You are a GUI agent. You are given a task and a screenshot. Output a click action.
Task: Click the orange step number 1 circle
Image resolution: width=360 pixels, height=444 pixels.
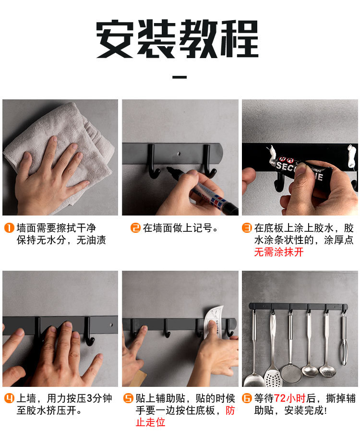click(9, 228)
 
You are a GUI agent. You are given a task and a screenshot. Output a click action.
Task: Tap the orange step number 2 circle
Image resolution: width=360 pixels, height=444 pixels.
click(135, 228)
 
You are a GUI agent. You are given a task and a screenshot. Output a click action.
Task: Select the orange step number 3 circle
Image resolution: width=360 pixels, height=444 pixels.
click(247, 228)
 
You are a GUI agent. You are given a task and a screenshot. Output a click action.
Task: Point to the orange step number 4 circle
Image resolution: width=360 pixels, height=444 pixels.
click(9, 398)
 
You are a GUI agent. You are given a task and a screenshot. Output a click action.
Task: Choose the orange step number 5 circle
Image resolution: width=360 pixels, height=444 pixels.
click(128, 398)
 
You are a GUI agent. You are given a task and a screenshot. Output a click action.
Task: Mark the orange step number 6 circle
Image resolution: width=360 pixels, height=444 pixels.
click(247, 398)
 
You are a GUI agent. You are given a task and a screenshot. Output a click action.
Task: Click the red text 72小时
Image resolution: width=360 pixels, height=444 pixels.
click(289, 398)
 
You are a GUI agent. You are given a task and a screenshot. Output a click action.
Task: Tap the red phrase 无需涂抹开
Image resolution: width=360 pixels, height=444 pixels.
click(279, 252)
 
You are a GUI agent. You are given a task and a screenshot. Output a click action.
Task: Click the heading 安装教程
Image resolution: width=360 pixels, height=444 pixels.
click(178, 39)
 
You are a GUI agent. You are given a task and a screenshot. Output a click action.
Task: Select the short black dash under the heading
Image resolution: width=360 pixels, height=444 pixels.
click(180, 77)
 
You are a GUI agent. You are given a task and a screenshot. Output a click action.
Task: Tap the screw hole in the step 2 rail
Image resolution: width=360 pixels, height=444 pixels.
click(179, 154)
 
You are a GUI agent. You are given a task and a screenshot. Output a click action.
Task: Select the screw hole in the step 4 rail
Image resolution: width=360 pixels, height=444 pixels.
click(111, 324)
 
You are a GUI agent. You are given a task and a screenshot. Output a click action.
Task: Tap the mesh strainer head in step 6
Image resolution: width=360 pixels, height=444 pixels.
click(291, 373)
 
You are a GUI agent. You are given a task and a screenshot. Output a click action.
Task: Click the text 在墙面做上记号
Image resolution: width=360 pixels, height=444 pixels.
click(178, 228)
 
